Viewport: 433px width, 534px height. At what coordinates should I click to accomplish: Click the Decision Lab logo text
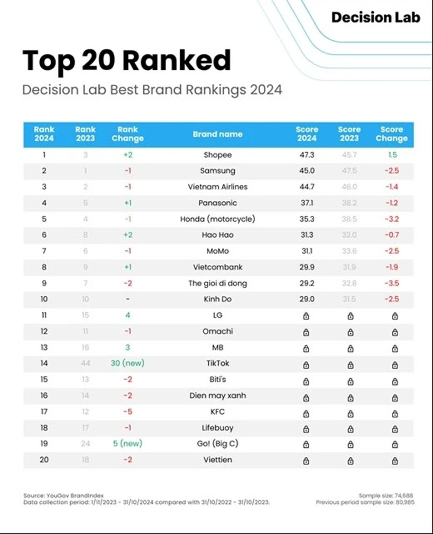[375, 17]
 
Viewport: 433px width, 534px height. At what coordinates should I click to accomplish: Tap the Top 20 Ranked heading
[126, 61]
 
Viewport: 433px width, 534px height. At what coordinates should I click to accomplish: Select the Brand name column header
[217, 134]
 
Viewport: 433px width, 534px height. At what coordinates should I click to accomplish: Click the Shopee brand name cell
[217, 155]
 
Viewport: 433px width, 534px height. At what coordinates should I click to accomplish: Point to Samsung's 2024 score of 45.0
[307, 171]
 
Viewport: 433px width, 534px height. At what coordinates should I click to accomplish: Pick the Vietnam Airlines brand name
[217, 187]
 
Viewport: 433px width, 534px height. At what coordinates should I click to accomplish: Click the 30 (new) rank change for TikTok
[127, 364]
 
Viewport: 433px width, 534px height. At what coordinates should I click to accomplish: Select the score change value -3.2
[391, 219]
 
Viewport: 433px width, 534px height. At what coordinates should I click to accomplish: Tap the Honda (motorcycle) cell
[217, 219]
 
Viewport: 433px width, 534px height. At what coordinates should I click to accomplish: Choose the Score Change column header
[391, 134]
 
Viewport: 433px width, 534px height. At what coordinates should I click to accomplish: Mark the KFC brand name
[217, 412]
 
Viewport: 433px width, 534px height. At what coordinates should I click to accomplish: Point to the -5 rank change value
[127, 412]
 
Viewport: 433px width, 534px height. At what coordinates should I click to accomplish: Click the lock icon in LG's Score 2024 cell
[306, 316]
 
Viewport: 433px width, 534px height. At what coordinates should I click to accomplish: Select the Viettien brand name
[217, 460]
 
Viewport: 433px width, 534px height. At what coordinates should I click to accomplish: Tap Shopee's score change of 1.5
[392, 155]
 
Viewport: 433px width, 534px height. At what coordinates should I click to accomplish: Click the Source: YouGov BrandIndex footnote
[64, 495]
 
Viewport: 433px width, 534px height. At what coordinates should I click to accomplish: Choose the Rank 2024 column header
[44, 134]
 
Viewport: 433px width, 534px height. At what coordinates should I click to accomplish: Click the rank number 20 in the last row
[44, 460]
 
